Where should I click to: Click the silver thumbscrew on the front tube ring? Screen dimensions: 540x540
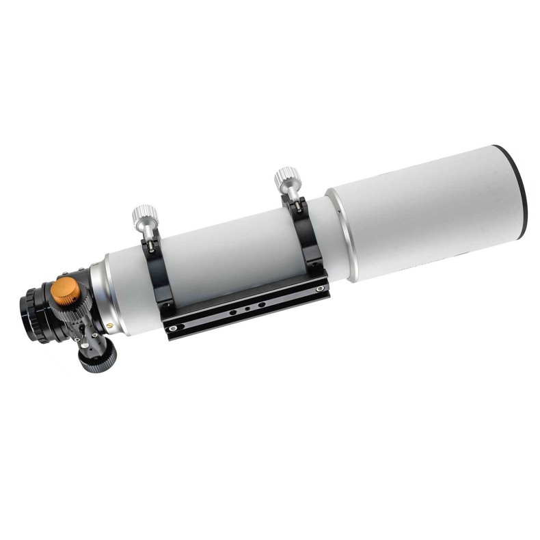click(286, 179)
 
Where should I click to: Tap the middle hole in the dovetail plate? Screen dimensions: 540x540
click(246, 308)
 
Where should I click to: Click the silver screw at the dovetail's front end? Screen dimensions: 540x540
click(321, 290)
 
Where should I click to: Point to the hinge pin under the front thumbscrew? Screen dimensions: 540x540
click(296, 202)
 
